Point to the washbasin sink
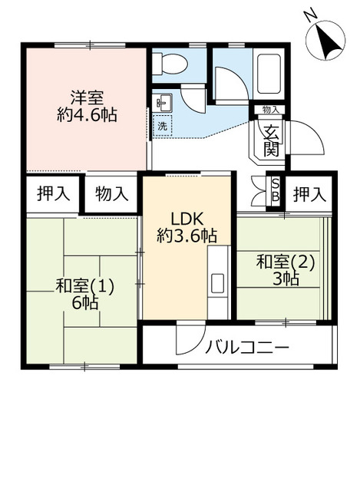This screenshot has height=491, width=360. click(163, 104)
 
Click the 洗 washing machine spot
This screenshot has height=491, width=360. click(163, 126)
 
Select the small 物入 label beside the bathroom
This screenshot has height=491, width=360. click(270, 110)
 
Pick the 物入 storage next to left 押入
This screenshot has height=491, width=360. click(111, 193)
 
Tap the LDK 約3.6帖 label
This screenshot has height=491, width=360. click(187, 226)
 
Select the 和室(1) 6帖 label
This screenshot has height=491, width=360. click(84, 294)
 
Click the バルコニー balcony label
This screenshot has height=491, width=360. click(247, 348)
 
